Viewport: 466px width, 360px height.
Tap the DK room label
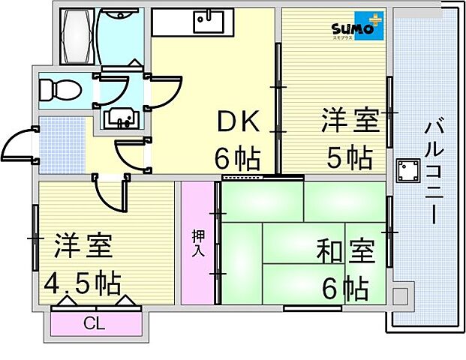pyautogui.click(x=238, y=121)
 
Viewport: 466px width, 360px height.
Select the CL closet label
pyautogui.click(x=94, y=324)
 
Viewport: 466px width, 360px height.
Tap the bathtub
pyautogui.click(x=77, y=37)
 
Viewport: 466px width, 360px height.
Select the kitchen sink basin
pyautogui.click(x=208, y=22)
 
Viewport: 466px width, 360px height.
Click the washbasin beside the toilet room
pyautogui.click(x=120, y=118)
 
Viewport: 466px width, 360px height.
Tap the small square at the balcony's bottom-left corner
pyautogui.click(x=400, y=295)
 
